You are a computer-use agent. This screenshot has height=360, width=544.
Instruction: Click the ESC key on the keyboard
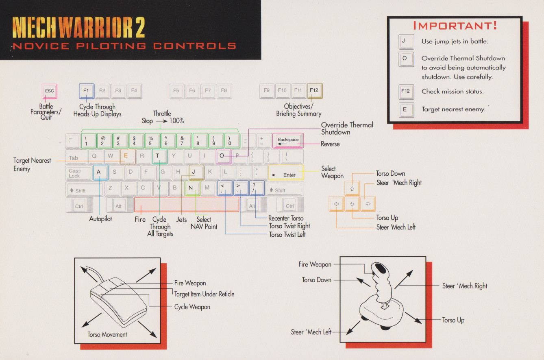pyautogui.click(x=49, y=91)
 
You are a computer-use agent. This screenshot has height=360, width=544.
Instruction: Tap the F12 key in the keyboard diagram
pyautogui.click(x=314, y=91)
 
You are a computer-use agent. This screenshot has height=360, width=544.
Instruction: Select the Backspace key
pyautogui.click(x=288, y=140)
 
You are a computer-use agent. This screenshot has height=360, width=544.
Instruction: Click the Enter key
pyautogui.click(x=286, y=172)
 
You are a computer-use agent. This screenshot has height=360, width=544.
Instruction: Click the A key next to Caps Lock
pyautogui.click(x=99, y=172)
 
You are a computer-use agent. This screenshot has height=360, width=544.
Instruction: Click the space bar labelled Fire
pyautogui.click(x=187, y=204)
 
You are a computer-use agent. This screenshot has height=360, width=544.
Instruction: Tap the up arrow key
pyautogui.click(x=352, y=188)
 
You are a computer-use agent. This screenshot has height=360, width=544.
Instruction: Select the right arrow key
pyautogui.click(x=368, y=204)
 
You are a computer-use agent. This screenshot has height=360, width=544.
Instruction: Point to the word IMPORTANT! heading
pyautogui.click(x=455, y=26)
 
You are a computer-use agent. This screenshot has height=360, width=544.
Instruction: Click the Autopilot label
pyautogui.click(x=100, y=219)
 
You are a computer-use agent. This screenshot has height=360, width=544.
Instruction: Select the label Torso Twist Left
pyautogui.click(x=287, y=234)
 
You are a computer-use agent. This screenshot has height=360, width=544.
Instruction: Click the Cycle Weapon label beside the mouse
pyautogui.click(x=192, y=307)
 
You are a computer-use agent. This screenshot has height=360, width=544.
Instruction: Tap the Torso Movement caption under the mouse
pyautogui.click(x=107, y=334)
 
